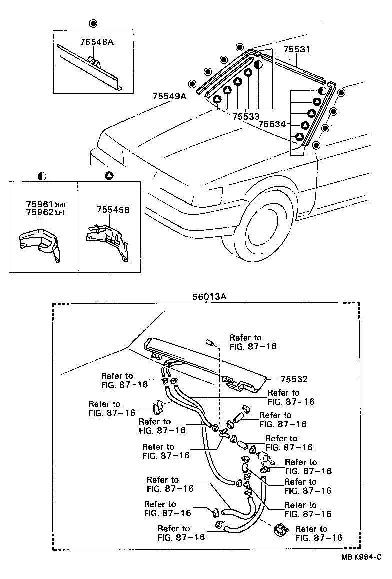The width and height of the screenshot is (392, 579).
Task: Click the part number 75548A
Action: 97,43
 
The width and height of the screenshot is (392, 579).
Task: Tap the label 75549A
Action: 170,97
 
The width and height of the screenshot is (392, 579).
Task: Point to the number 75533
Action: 246,116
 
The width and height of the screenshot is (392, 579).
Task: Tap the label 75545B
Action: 113,210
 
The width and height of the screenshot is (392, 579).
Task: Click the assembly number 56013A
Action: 209,296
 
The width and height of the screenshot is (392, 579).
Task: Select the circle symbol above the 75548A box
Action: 93,23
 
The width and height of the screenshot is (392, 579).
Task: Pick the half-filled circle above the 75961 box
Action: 42,176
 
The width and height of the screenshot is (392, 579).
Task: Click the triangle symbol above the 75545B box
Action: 109,175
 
